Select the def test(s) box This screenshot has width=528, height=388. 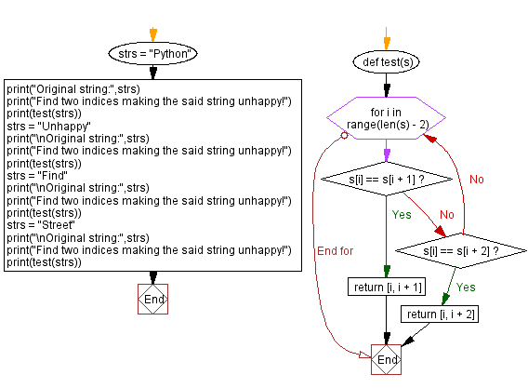386,61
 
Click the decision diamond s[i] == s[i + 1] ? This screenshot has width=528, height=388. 386,177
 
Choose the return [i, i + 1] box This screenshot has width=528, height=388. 386,287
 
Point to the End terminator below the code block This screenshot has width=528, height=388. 152,300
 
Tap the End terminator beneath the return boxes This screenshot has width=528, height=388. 386,359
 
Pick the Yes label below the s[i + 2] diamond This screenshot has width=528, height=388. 466,287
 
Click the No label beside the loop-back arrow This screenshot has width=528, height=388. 477,179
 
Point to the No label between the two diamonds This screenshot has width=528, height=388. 446,214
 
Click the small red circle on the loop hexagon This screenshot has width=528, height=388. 344,134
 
